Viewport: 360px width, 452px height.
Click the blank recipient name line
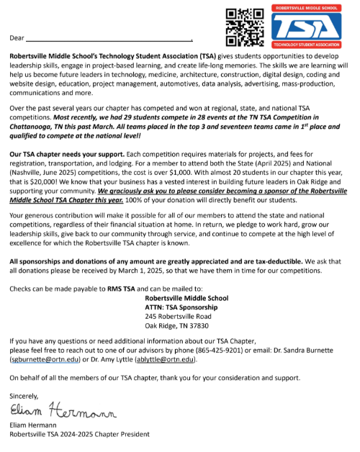108,38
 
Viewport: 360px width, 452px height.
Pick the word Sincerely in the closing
26,396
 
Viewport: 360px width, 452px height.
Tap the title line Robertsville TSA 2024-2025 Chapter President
79,434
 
